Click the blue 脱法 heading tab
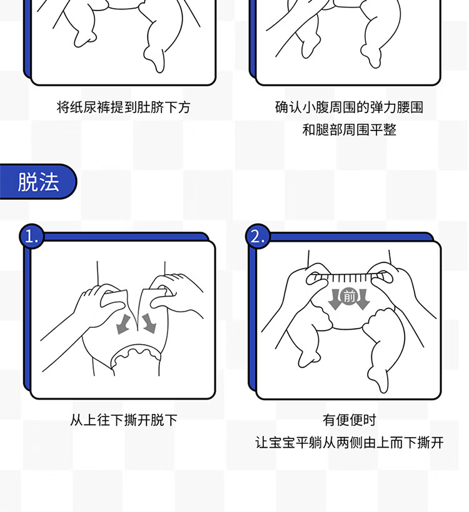[x=38, y=182]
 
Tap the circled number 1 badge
[x=31, y=236]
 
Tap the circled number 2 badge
[x=258, y=236]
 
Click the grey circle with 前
[x=349, y=296]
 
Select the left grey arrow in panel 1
[x=124, y=324]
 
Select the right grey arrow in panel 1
[x=149, y=323]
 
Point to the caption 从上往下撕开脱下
[x=124, y=420]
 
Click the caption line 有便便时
[x=349, y=420]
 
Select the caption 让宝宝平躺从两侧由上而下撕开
[x=349, y=443]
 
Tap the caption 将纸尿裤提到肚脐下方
[x=124, y=107]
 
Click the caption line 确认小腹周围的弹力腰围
[x=349, y=107]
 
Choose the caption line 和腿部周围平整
[x=349, y=130]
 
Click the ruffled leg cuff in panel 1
[x=136, y=354]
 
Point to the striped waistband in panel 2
[x=349, y=278]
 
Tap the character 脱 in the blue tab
[x=28, y=182]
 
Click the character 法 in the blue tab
[x=49, y=182]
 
